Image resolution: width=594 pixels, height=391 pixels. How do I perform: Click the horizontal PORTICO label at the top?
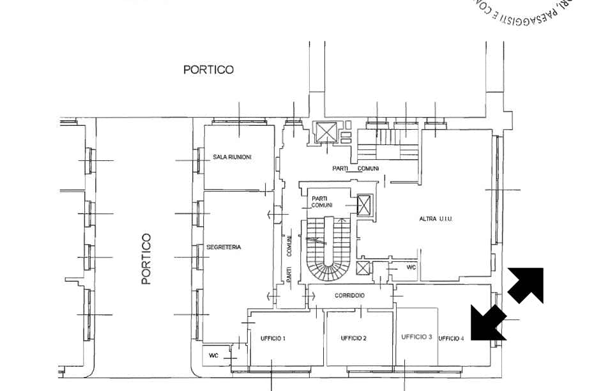tap(208, 70)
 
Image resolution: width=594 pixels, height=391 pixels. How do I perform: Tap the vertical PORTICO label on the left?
tap(146, 258)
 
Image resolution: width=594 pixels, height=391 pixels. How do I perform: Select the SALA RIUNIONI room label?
tap(232, 157)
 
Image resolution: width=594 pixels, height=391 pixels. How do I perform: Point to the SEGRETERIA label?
tap(224, 247)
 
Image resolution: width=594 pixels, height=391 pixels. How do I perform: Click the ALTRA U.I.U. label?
tap(436, 219)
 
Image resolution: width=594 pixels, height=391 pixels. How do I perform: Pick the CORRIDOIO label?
tap(349, 296)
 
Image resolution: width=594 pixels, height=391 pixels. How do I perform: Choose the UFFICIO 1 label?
tap(273, 338)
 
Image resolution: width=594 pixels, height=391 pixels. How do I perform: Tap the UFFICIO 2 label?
tap(353, 338)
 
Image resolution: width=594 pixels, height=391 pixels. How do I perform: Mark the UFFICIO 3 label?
tap(417, 337)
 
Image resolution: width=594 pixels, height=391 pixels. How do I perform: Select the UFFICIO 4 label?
tap(452, 338)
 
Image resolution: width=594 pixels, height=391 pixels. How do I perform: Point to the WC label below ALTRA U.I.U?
tap(411, 267)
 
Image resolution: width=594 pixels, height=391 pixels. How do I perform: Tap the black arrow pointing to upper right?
tap(526, 285)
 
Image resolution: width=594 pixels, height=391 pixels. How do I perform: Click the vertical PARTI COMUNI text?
tap(289, 256)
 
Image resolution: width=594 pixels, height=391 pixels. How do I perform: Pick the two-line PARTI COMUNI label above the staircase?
tap(323, 202)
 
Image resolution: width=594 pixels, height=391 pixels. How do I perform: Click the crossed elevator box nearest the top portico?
tap(326, 132)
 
